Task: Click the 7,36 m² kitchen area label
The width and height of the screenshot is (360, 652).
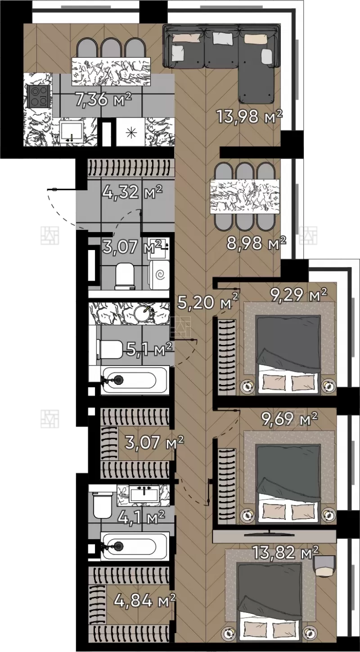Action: click(x=103, y=99)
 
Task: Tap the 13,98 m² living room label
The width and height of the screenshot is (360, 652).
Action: click(x=249, y=116)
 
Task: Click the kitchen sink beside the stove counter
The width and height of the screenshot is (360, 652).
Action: click(x=72, y=132)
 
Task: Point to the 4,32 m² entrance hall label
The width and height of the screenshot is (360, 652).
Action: click(x=132, y=192)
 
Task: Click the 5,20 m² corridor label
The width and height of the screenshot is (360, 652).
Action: click(x=208, y=302)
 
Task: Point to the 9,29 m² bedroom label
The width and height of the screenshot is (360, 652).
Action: click(x=298, y=295)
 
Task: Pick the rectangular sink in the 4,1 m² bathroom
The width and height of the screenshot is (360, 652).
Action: click(x=145, y=495)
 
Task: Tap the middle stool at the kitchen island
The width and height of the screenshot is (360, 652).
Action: click(x=111, y=48)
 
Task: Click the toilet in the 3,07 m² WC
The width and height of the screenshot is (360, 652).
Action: click(x=125, y=276)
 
